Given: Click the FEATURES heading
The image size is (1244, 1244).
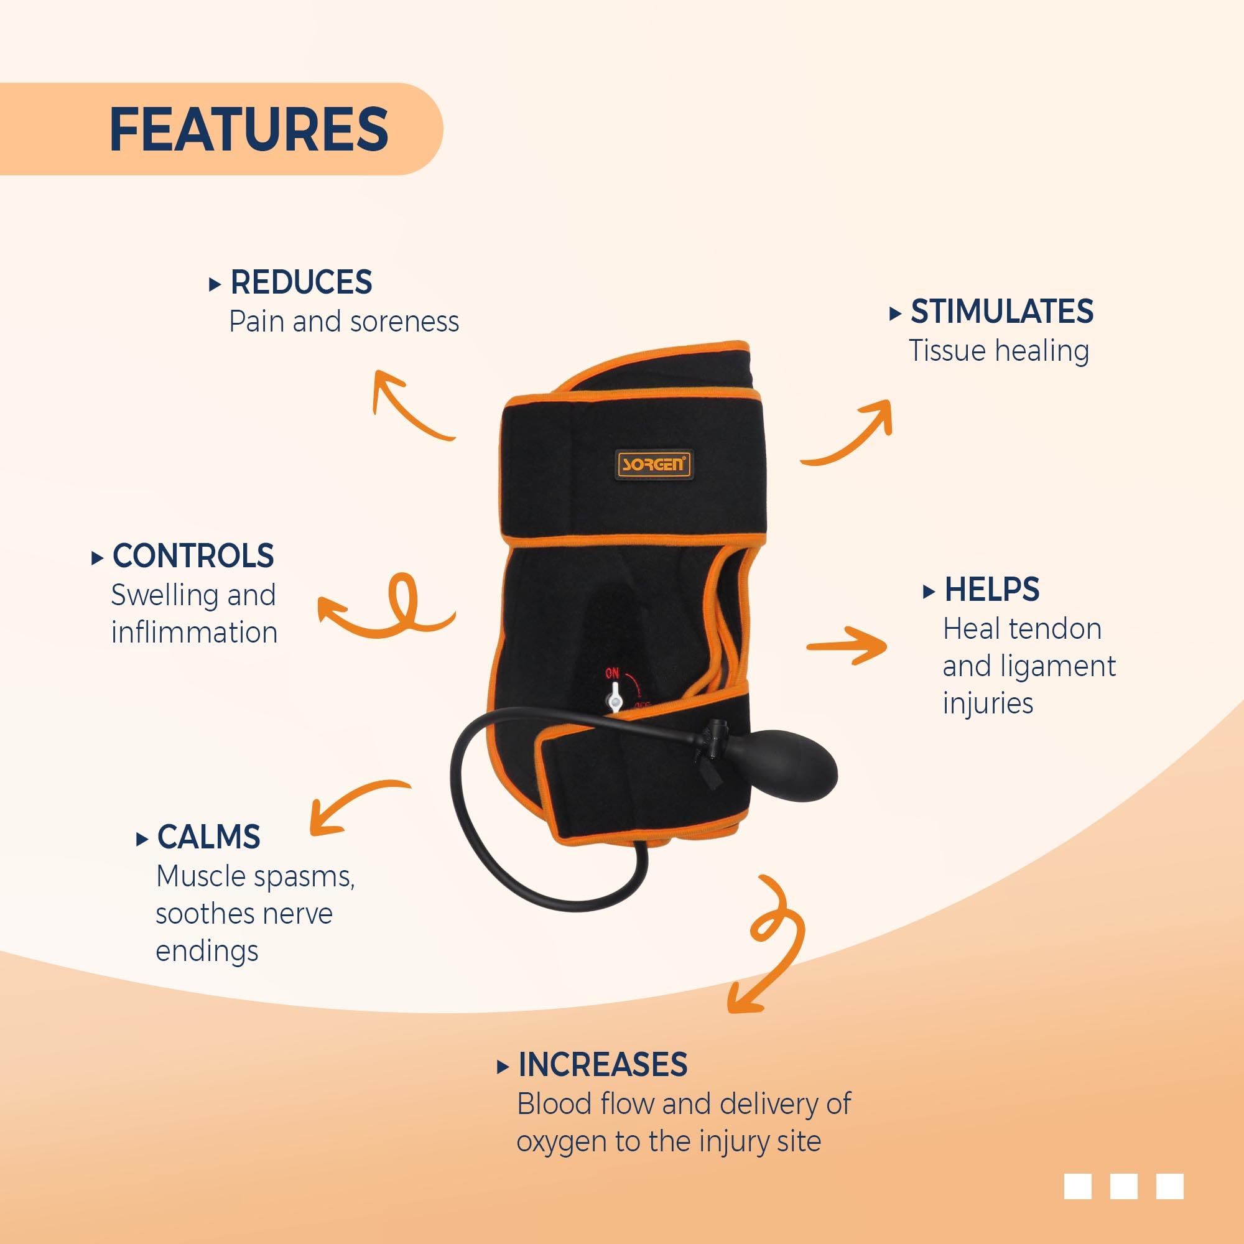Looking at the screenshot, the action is (249, 129).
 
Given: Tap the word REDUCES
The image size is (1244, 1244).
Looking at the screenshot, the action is (301, 282).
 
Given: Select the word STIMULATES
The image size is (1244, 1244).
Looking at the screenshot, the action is (1002, 312).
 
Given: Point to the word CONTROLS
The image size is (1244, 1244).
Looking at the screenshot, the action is (193, 555).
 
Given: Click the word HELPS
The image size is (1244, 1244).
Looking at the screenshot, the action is (991, 589).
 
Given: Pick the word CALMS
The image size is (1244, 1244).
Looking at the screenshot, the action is (208, 837).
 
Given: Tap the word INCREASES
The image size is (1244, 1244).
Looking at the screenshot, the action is (603, 1064).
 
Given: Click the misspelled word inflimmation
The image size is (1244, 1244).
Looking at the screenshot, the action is (195, 633).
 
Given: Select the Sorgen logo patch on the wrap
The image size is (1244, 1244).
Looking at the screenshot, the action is (653, 463).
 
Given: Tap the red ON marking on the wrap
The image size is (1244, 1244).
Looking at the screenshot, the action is (611, 674).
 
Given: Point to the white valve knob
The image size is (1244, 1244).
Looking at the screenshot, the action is (615, 697).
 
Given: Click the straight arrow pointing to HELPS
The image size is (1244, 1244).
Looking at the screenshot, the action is (847, 645).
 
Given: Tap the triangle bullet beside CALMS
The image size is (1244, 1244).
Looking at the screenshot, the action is (142, 840).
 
